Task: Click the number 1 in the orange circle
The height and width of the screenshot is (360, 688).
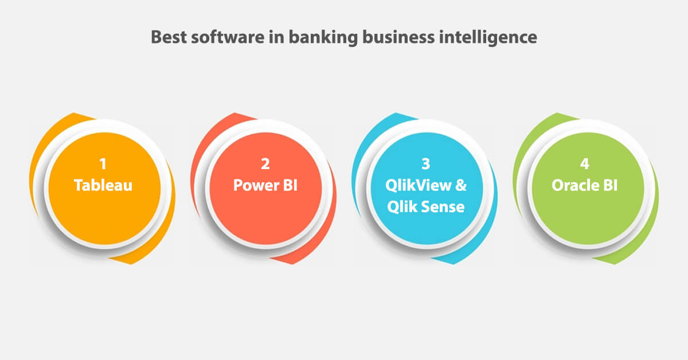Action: coord(103,165)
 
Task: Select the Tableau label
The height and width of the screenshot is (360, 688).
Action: coord(103,186)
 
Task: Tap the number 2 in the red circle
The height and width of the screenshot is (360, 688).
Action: coord(265,165)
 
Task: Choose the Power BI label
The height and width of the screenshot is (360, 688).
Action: coord(265,186)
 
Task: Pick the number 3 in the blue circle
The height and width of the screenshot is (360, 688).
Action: coord(425,165)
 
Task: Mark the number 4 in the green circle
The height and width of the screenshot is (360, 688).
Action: coord(584,165)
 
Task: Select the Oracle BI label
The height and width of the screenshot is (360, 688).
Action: coord(584,186)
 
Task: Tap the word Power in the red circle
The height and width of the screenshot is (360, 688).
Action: coord(255,186)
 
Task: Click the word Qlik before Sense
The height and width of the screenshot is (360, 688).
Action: coord(402,207)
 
